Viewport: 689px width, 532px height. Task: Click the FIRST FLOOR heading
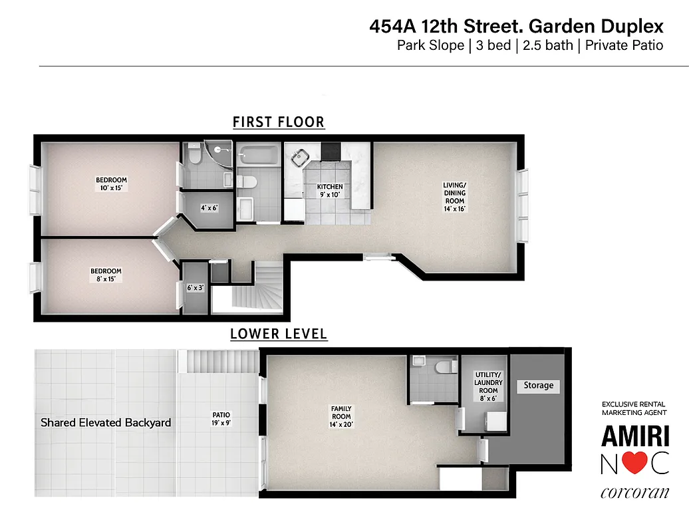pyautogui.click(x=279, y=122)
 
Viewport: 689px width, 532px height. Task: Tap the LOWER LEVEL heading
pyautogui.click(x=279, y=334)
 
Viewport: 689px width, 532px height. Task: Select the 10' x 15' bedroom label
pyautogui.click(x=111, y=184)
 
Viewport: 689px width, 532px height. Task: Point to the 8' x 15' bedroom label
pyautogui.click(x=106, y=275)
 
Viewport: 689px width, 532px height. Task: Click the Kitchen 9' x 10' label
pyautogui.click(x=330, y=191)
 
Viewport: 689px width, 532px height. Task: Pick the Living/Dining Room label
pyautogui.click(x=456, y=197)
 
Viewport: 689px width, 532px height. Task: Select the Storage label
pyautogui.click(x=539, y=386)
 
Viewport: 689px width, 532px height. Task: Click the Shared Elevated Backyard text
pyautogui.click(x=106, y=422)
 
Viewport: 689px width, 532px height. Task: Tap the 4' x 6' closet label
pyautogui.click(x=209, y=208)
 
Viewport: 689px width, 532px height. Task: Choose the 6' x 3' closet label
pyautogui.click(x=196, y=288)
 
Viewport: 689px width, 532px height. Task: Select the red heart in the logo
pyautogui.click(x=634, y=465)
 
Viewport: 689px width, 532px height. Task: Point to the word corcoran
pyautogui.click(x=634, y=493)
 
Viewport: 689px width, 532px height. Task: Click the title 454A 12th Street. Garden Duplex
pyautogui.click(x=516, y=27)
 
